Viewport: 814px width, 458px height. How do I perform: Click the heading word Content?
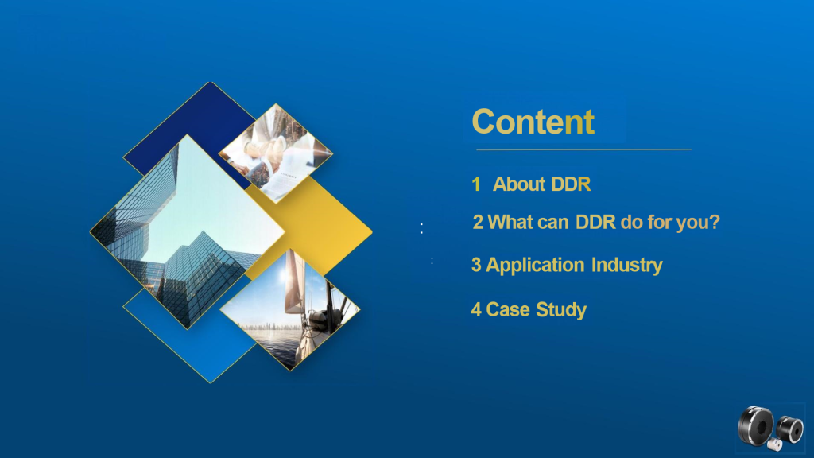[533, 122]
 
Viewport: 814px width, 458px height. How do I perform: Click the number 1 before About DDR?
[476, 184]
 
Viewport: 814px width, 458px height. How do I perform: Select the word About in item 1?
[518, 184]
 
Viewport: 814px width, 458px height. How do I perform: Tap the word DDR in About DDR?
[571, 184]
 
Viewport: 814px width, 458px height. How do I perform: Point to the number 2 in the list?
[478, 223]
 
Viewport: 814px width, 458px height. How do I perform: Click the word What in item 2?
[510, 223]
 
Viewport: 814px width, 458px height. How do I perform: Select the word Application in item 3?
[535, 266]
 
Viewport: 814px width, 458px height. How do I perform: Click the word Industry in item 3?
[626, 266]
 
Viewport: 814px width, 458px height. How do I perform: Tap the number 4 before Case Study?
[476, 310]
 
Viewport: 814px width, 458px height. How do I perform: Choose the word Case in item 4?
[508, 310]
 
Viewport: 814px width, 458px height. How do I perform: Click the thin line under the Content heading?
[584, 149]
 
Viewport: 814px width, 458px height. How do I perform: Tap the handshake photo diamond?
[276, 153]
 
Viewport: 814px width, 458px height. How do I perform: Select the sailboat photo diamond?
[289, 309]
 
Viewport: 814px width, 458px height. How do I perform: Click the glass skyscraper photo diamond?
[188, 231]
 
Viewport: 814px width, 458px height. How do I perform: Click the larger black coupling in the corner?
[756, 426]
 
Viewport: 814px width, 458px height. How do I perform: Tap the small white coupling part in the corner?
[774, 444]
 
